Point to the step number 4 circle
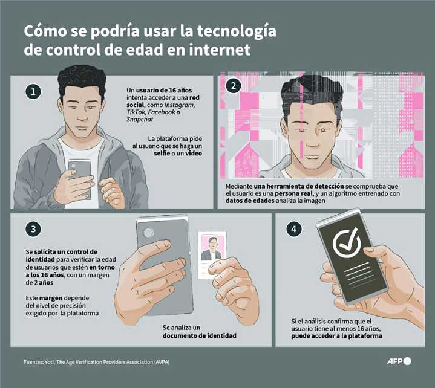(x=293, y=229)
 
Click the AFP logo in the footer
(x=399, y=361)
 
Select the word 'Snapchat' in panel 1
(x=140, y=120)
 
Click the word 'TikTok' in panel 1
(x=137, y=112)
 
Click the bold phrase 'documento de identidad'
(x=199, y=335)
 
